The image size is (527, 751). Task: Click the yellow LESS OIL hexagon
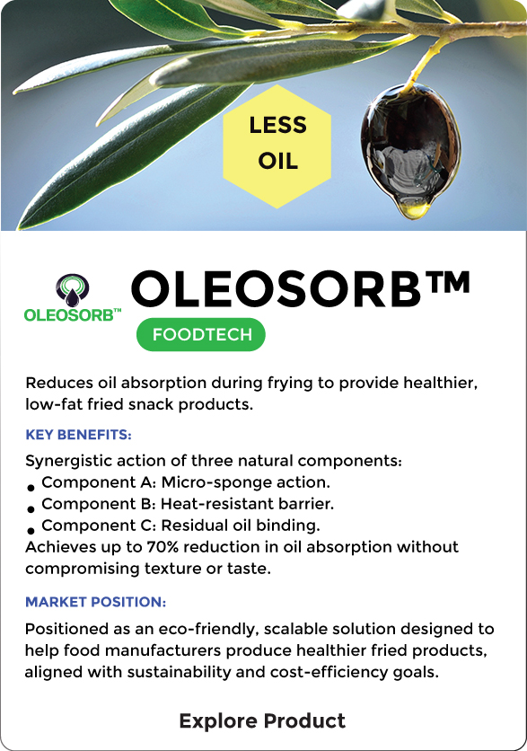coord(277,146)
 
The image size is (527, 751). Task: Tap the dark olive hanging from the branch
coord(410,144)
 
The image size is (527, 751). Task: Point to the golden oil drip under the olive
coord(413,210)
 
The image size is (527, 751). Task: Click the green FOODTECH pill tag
coord(201,334)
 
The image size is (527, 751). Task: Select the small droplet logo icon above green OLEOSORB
coord(73,290)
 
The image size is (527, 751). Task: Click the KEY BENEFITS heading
coord(78,435)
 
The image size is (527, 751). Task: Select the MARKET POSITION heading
coord(96,602)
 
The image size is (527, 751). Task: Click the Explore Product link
coord(262,720)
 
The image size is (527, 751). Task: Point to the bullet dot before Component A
coord(31,488)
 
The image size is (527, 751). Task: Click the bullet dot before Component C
coord(31,531)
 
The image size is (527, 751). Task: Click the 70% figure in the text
coord(162,547)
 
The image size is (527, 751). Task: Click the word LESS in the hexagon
coord(277,126)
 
